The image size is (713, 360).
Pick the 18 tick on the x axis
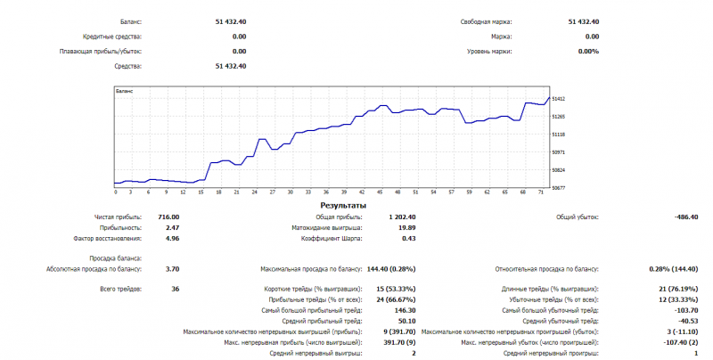pos(219,192)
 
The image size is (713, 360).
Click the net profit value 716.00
pos(168,217)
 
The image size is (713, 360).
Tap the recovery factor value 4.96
pos(173,238)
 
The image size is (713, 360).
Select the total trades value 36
pos(176,289)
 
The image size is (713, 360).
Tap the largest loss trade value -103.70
pos(686,309)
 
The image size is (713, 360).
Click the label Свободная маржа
pos(492,21)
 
